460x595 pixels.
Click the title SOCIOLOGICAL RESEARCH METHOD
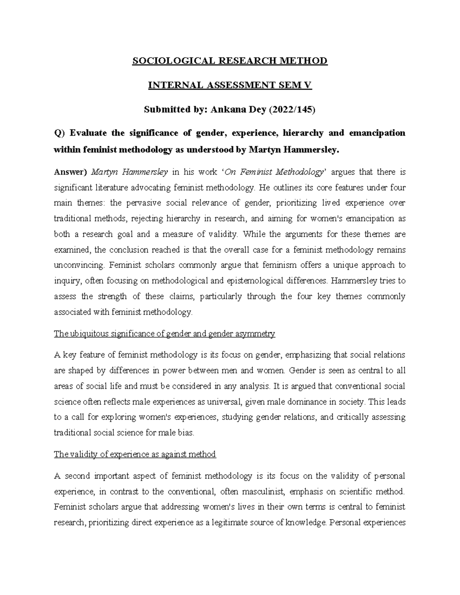(230, 61)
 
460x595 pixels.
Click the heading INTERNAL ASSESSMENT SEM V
(230, 85)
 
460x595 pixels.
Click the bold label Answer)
(71, 172)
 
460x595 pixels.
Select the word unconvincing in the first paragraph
(79, 265)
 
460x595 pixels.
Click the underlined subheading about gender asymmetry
(164, 334)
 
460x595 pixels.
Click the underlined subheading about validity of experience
(135, 454)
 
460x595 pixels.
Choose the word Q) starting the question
(60, 133)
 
